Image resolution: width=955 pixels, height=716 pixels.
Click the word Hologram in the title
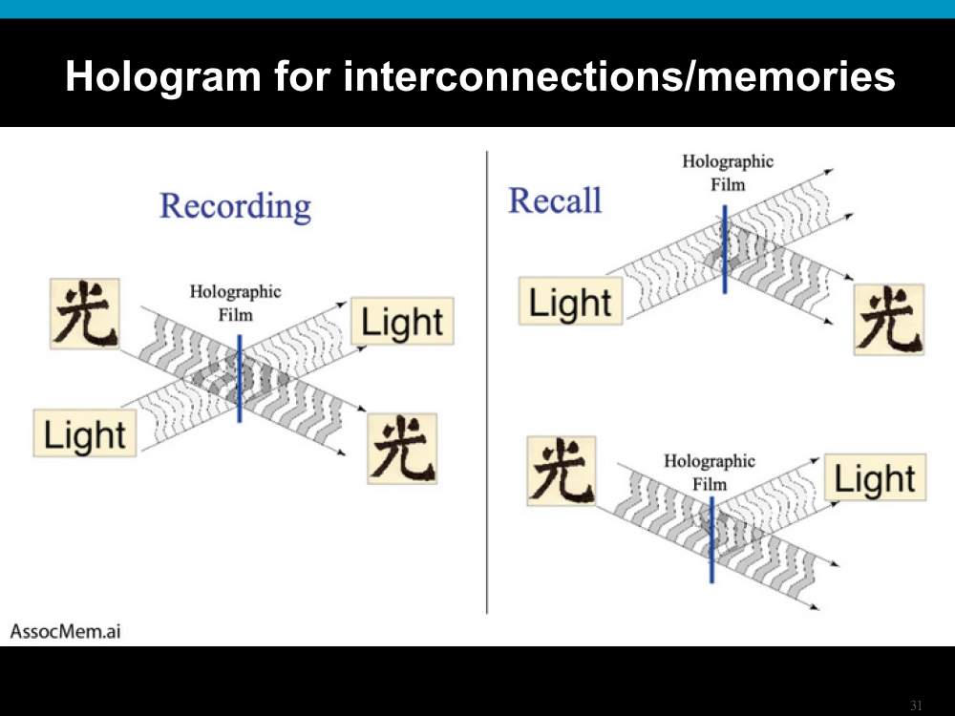tap(163, 76)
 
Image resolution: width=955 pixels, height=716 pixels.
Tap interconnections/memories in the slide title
tap(619, 75)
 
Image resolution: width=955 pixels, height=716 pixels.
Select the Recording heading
tap(235, 207)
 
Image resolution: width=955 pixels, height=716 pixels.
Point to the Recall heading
tap(555, 200)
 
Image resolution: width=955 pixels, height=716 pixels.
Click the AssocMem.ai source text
tap(65, 631)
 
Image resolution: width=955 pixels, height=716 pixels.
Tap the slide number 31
tap(916, 705)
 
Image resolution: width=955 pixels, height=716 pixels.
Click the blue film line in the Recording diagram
tap(240, 378)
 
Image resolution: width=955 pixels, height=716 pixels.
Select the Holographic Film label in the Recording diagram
tap(235, 303)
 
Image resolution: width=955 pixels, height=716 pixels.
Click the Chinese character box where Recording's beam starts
tap(85, 313)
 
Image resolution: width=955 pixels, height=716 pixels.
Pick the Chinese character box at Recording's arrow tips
tap(402, 449)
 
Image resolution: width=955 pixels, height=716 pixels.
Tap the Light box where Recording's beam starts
tap(85, 432)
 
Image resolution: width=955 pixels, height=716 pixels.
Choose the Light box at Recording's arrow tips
tap(402, 321)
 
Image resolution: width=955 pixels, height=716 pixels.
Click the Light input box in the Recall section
tap(570, 301)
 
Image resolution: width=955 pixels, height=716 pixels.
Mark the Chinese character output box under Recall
tap(889, 319)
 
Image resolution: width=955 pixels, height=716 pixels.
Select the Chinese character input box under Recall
tap(562, 471)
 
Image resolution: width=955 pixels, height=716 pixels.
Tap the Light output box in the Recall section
tap(875, 477)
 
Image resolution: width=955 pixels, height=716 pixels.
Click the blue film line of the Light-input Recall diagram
tap(725, 249)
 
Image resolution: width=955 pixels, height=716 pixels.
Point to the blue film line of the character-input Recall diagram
tap(712, 539)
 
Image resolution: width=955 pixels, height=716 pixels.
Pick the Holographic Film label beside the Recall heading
tap(728, 172)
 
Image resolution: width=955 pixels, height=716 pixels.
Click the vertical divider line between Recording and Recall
tap(487, 383)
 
